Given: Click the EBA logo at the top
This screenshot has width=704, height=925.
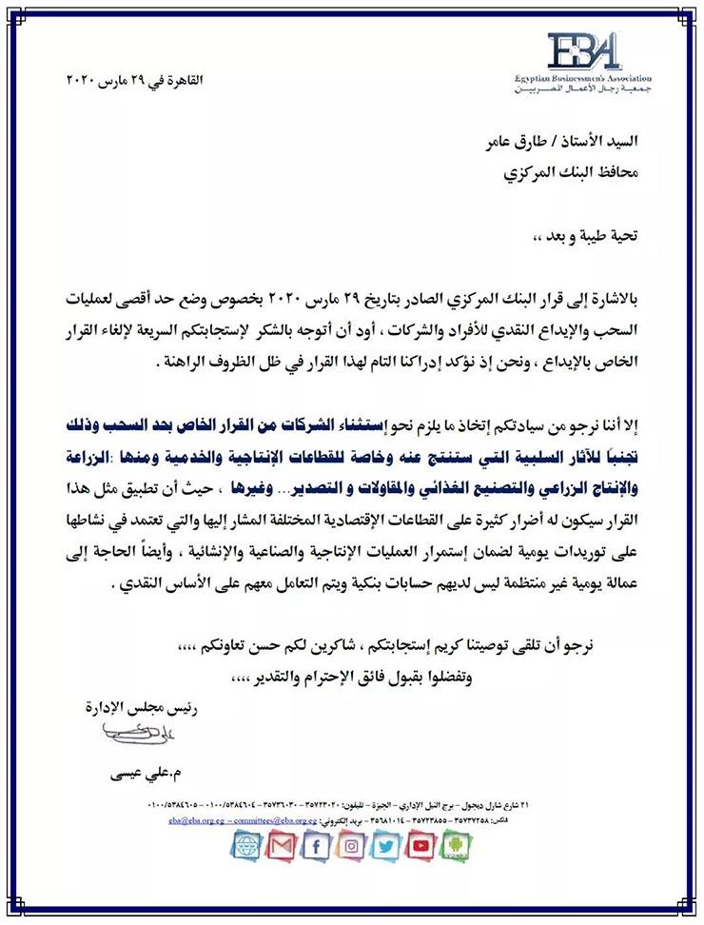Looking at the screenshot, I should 583,55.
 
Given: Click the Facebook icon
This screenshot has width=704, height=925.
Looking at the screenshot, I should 318,845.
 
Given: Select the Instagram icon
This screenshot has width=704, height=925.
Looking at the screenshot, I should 353,845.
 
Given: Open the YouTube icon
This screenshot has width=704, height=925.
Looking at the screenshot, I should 422,845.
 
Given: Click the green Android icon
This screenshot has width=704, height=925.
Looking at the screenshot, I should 458,845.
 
